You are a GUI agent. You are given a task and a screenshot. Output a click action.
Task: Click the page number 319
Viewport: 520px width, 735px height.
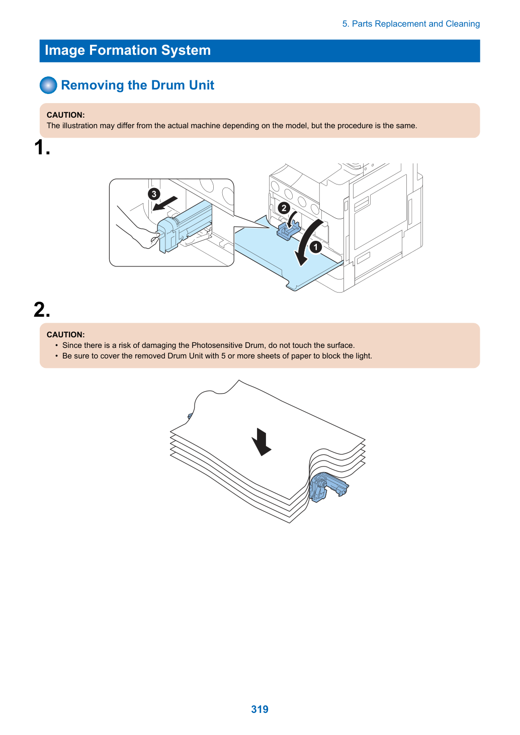coord(259,709)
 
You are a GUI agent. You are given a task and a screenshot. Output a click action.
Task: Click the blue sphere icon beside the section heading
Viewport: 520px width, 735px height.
coord(48,85)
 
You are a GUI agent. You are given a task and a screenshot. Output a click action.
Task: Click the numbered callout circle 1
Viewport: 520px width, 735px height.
coord(316,247)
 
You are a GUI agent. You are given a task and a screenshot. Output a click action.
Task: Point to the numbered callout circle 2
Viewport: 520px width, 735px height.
coord(284,208)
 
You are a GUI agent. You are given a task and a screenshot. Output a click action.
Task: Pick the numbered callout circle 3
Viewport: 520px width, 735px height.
coord(154,194)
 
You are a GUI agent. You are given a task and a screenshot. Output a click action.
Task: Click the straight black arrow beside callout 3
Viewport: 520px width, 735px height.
coord(165,204)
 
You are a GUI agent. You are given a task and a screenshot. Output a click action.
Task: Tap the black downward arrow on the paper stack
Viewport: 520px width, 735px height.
coord(262,442)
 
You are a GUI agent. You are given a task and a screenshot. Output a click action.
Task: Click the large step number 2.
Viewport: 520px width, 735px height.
coord(42,309)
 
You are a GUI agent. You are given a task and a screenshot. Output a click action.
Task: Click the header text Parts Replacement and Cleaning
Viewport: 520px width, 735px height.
coord(415,24)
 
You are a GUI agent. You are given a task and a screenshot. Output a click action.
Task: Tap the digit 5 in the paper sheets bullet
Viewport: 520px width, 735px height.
coord(223,356)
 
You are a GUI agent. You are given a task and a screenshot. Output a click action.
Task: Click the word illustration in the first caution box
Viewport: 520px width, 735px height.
coord(80,126)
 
